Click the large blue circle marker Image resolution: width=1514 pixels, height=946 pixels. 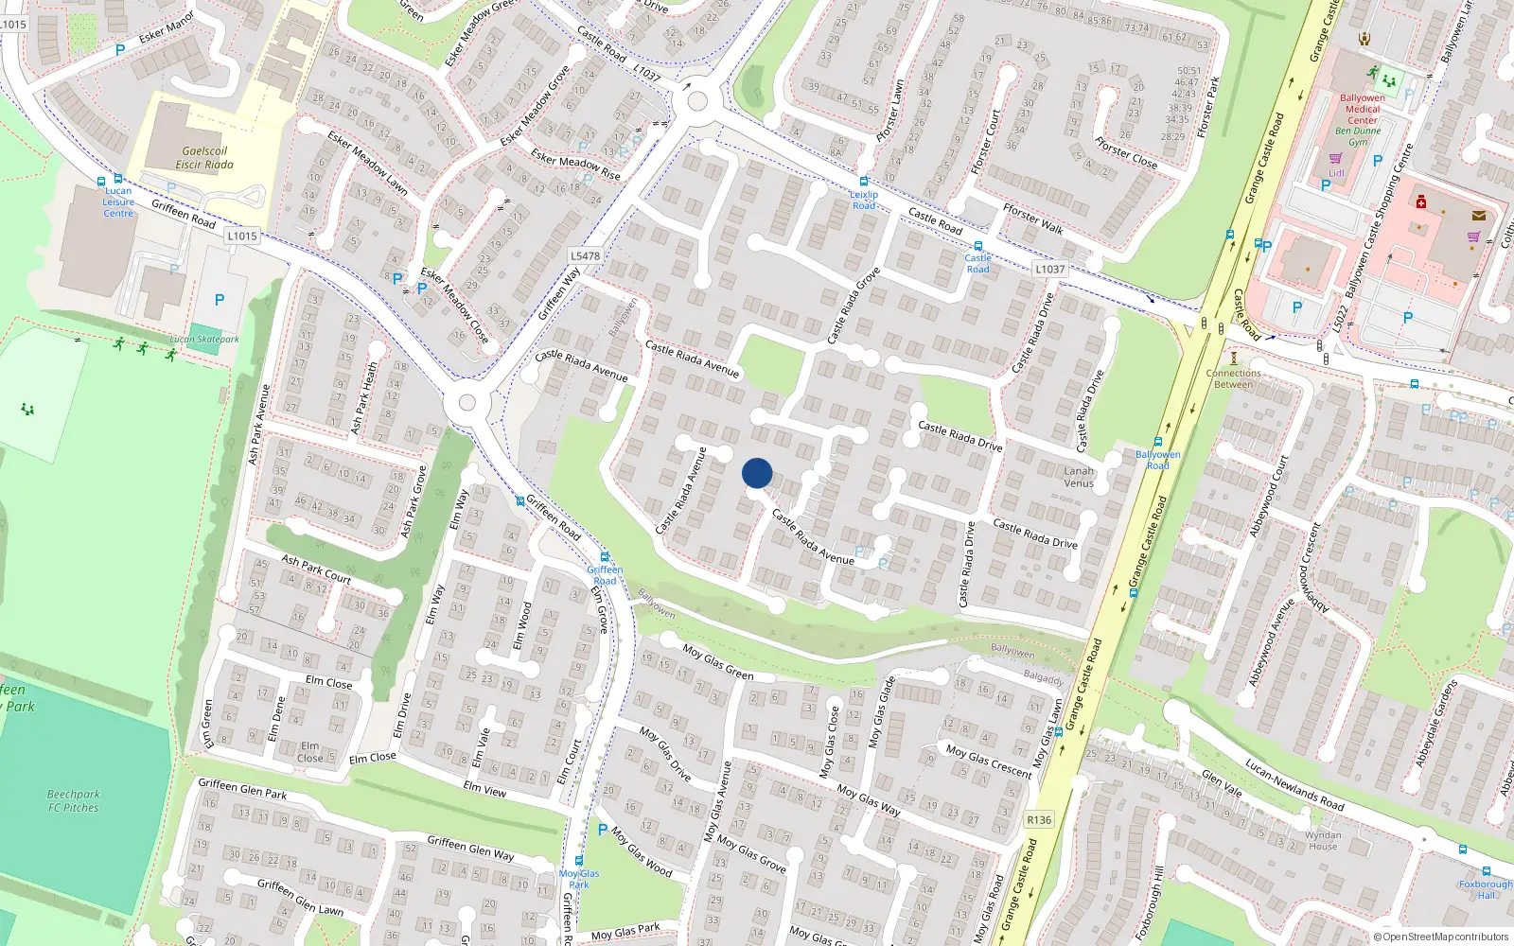757,473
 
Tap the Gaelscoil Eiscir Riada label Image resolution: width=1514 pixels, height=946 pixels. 204,157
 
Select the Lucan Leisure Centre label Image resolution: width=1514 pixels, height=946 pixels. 118,201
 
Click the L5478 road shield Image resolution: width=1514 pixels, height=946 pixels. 586,255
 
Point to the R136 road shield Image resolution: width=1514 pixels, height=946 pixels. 1039,820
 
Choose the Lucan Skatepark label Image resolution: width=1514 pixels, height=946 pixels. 204,339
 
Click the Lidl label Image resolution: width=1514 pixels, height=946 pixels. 1336,173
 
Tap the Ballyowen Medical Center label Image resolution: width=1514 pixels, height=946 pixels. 1363,109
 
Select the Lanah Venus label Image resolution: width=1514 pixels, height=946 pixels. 1079,477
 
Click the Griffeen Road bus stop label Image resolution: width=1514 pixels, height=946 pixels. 605,574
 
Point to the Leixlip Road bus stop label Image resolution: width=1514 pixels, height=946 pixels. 864,200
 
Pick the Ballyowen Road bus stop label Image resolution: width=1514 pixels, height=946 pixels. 1157,460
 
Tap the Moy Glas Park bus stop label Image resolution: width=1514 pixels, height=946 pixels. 579,879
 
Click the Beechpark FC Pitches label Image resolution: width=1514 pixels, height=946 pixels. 74,800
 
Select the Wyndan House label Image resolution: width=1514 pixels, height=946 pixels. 1323,840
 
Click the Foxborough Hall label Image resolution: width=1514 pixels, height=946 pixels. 1486,889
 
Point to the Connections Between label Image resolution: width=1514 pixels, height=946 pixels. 1234,378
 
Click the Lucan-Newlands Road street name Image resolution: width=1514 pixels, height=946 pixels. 1294,784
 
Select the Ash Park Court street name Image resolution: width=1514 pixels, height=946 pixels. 316,569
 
